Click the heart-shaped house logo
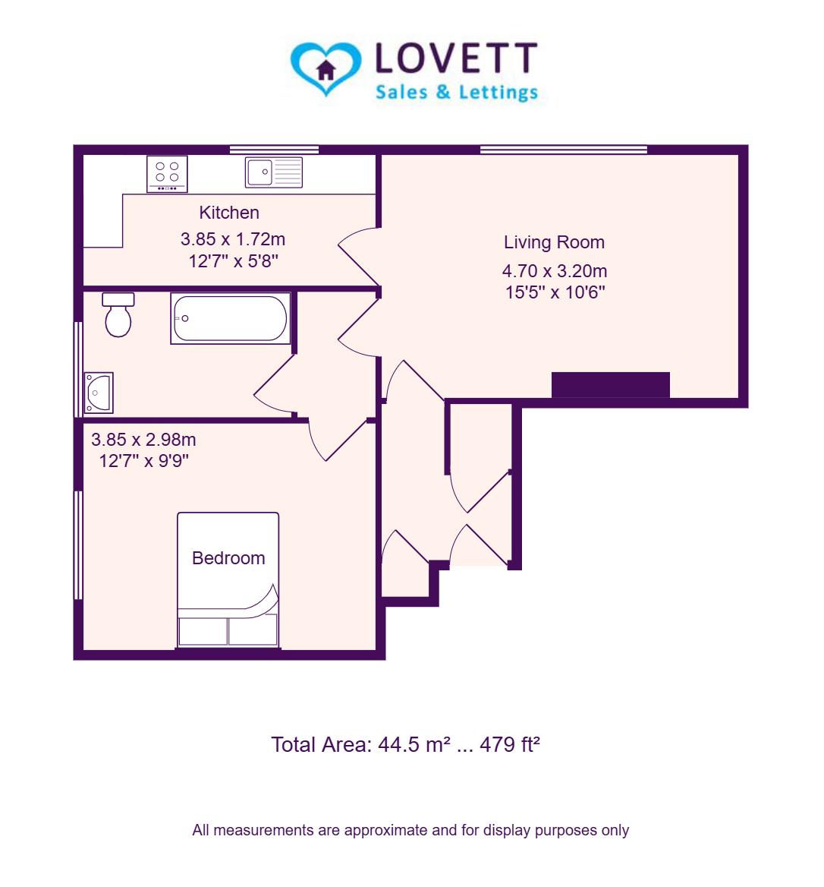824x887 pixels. point(326,68)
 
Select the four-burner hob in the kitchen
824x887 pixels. point(167,174)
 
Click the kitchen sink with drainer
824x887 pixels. point(274,172)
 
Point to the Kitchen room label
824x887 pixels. point(229,213)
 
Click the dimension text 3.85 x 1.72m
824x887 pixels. point(233,239)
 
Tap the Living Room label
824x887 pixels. point(555,243)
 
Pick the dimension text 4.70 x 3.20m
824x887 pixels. point(555,271)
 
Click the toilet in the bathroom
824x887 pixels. point(118,314)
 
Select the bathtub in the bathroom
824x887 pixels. point(231,318)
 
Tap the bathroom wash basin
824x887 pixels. point(99,393)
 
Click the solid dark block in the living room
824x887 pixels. point(610,385)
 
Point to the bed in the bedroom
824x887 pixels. point(228,579)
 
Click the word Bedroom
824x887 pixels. point(228,558)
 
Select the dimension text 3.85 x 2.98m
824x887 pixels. point(143,440)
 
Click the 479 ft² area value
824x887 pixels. point(510,744)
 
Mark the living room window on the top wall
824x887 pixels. point(564,150)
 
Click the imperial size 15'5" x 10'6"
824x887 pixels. point(555,292)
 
